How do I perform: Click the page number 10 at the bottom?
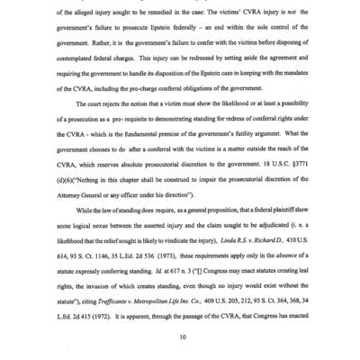pyautogui.click(x=181, y=337)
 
